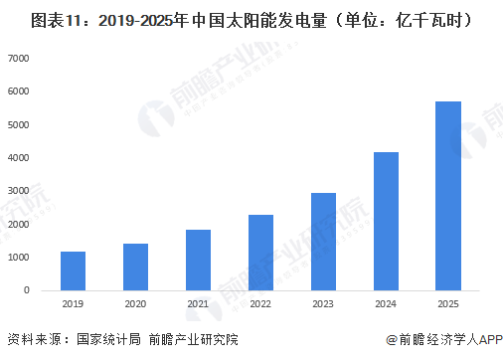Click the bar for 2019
point(73,270)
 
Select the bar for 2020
point(135,267)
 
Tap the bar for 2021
point(198,260)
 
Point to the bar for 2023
point(323,242)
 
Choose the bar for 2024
point(386,221)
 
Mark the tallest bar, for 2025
point(448,196)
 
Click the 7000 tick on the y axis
point(19,59)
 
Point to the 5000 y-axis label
point(19,125)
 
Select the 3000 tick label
point(19,191)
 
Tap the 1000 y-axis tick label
point(19,258)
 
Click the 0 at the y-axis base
point(26,290)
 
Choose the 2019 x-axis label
point(73,304)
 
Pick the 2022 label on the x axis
point(260,304)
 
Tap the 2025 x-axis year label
point(448,304)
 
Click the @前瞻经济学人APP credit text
point(440,340)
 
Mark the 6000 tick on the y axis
point(19,91)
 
